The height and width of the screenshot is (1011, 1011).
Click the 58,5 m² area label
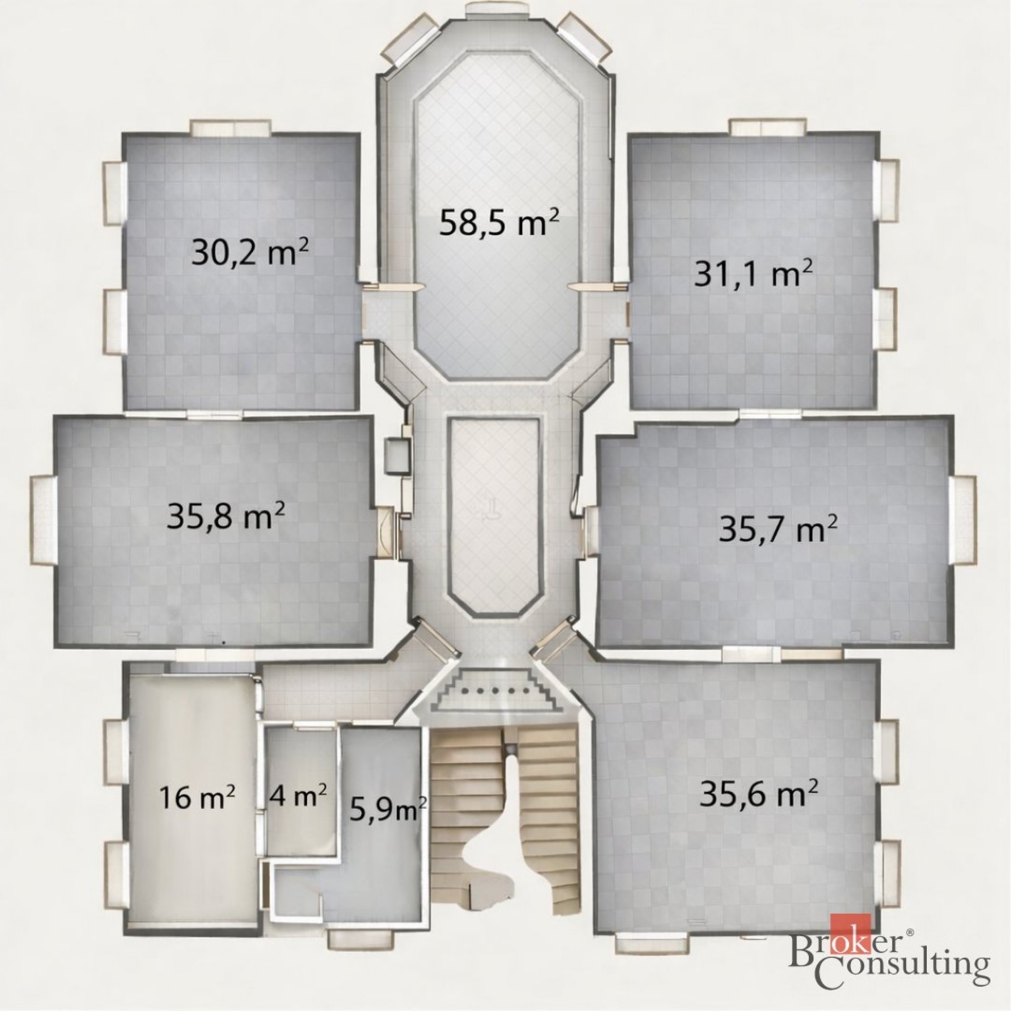click(x=499, y=224)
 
